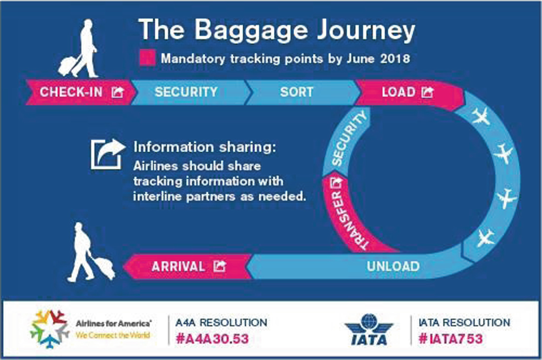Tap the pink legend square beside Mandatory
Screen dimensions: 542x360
[148, 58]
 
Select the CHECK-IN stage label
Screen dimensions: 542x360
[71, 92]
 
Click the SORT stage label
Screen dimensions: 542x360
[297, 92]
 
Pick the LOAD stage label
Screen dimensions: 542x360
[398, 92]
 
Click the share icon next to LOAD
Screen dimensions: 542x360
[427, 92]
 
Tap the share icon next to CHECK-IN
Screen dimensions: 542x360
[118, 92]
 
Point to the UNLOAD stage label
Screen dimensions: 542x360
[393, 266]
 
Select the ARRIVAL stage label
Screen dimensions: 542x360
[178, 266]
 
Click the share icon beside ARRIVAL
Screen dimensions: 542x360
[219, 266]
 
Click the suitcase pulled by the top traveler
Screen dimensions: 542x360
[68, 65]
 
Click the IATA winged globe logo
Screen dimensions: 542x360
[369, 329]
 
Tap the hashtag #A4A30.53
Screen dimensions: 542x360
[212, 339]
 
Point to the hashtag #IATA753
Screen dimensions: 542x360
[450, 339]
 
